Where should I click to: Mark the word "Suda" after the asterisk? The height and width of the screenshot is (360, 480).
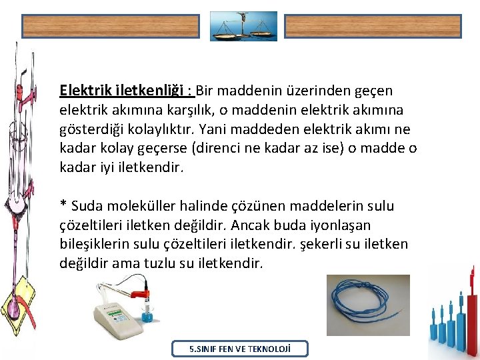[x=85, y=206]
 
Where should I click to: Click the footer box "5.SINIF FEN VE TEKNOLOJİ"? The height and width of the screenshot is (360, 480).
[x=240, y=349]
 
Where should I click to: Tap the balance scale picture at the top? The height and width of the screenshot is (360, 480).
[x=243, y=26]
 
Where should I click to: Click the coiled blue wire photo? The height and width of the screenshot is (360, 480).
[x=368, y=305]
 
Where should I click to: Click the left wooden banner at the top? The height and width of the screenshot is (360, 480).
[x=111, y=26]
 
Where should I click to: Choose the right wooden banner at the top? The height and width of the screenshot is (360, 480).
[x=373, y=26]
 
